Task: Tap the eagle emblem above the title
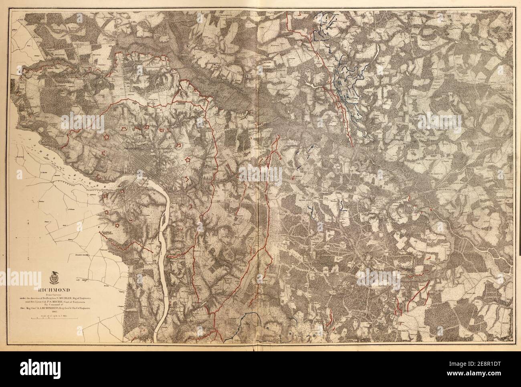coord(54,277)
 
